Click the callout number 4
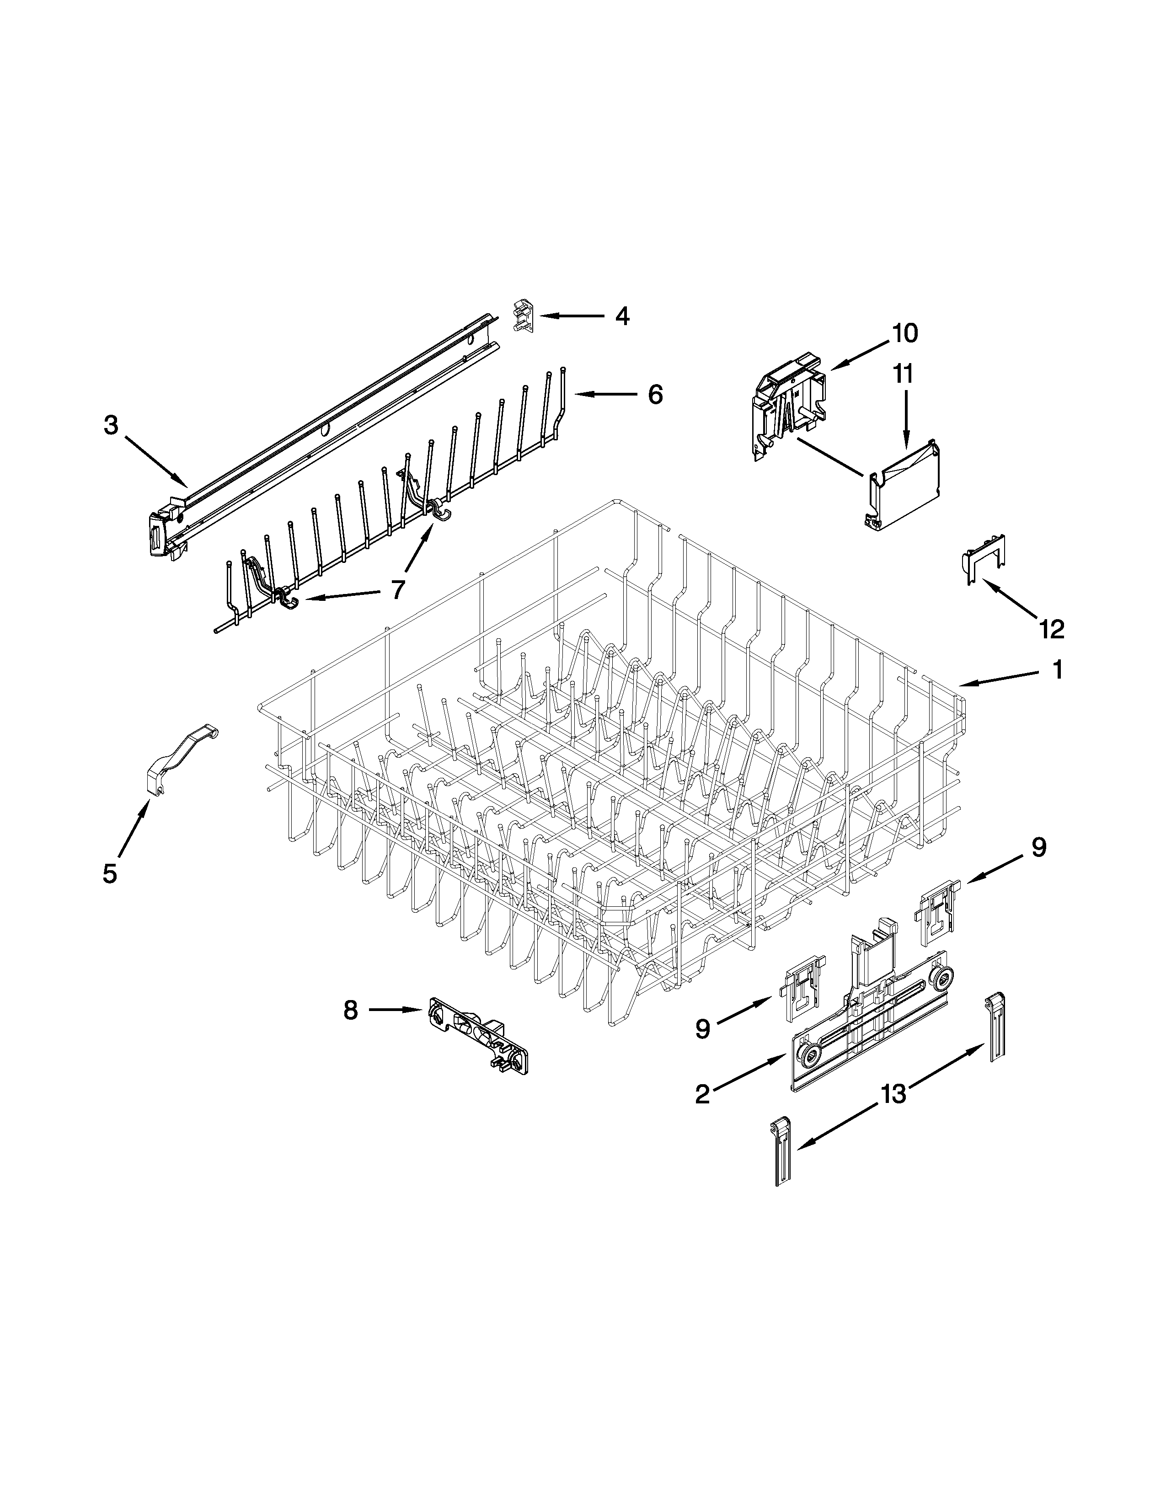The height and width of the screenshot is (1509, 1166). tap(622, 316)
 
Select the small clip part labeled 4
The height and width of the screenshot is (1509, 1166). tap(524, 316)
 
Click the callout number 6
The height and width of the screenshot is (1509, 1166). tap(655, 395)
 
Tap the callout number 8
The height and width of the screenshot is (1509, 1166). tap(351, 1010)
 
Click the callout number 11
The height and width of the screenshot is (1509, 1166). tap(903, 374)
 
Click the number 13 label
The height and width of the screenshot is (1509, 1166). tap(893, 1094)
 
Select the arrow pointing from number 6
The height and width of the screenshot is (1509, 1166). tap(605, 395)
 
